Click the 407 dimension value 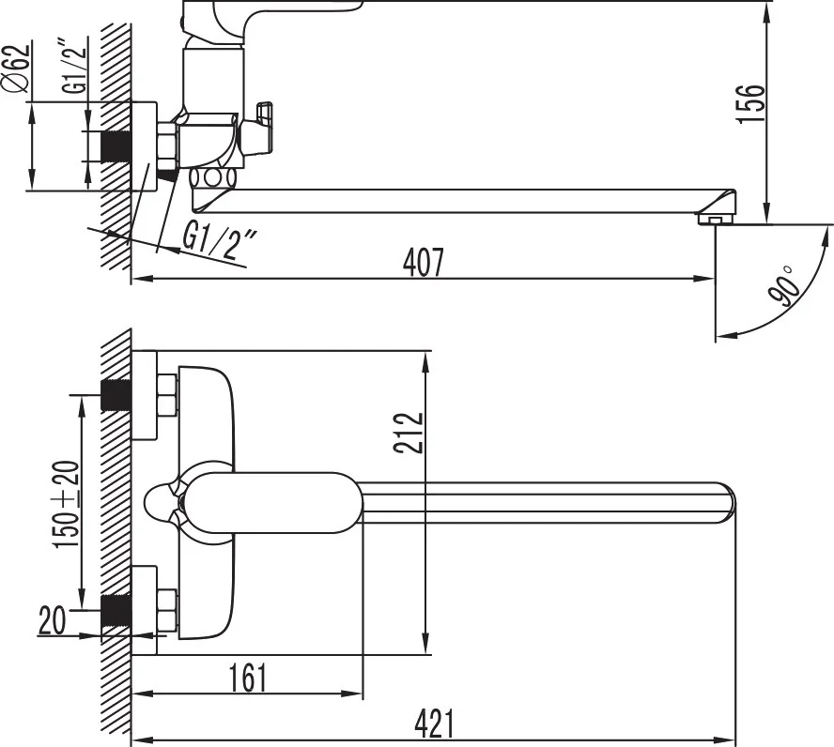coord(423,263)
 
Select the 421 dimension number coord(435,724)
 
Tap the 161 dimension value coord(247,678)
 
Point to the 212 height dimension coord(409,433)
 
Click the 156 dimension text coord(750,103)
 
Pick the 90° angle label coord(784,286)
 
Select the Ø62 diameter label coord(17,69)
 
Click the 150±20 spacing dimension coord(66,504)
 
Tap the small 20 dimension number coord(53,620)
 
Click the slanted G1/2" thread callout coord(220,239)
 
